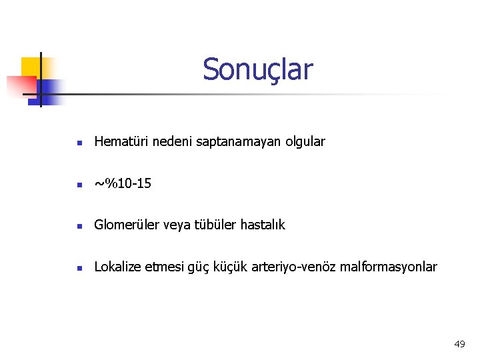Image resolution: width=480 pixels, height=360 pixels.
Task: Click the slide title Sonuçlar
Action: click(x=257, y=69)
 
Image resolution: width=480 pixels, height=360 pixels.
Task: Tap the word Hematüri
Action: click(x=122, y=141)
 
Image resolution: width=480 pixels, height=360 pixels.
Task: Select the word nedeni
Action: click(x=173, y=141)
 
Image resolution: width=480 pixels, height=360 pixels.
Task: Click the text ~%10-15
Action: click(x=123, y=183)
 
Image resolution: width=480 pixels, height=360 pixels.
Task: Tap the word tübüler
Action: click(x=211, y=225)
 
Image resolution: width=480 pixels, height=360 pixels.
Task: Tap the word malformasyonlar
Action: click(x=388, y=267)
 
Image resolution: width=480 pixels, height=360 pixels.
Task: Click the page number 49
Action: click(x=459, y=344)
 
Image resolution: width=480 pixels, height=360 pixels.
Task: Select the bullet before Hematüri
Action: click(x=79, y=143)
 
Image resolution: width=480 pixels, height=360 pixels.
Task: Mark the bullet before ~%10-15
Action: click(x=79, y=184)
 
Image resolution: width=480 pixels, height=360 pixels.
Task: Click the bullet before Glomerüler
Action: click(x=79, y=226)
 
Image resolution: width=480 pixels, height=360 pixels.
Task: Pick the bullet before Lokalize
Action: click(x=79, y=268)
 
